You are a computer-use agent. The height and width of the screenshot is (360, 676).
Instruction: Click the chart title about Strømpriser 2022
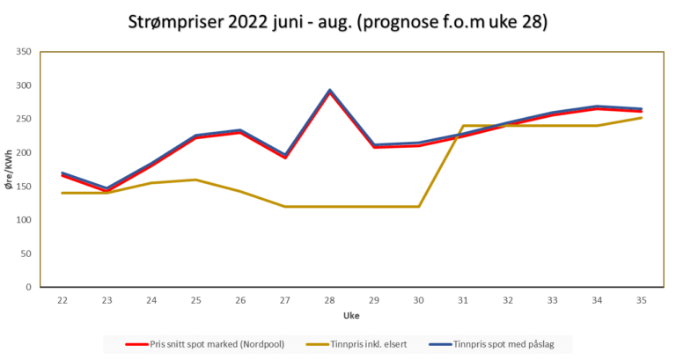pyautogui.click(x=337, y=21)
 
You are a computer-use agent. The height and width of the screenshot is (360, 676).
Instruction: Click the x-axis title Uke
pyautogui.click(x=351, y=314)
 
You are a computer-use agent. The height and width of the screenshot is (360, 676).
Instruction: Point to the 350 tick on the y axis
pyautogui.click(x=24, y=52)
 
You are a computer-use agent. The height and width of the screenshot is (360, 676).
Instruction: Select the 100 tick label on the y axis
pyautogui.click(x=24, y=220)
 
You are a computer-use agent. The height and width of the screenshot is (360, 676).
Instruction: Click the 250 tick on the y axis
pyautogui.click(x=24, y=119)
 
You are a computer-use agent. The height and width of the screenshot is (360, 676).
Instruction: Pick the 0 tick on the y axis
pyautogui.click(x=29, y=287)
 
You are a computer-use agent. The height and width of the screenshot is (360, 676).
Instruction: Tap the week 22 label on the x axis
pyautogui.click(x=62, y=299)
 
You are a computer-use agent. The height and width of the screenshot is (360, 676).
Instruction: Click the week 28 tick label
pyautogui.click(x=329, y=299)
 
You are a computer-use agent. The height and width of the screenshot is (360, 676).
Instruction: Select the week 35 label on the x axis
pyautogui.click(x=641, y=299)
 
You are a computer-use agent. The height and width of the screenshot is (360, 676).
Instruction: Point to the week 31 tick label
pyautogui.click(x=463, y=299)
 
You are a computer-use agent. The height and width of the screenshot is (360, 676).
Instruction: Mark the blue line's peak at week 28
pyautogui.click(x=329, y=90)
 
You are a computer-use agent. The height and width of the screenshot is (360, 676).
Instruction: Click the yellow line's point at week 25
pyautogui.click(x=196, y=180)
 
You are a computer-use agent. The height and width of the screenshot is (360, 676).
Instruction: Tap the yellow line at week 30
pyautogui.click(x=418, y=206)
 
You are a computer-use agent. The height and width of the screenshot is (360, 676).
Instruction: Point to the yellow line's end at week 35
pyautogui.click(x=641, y=118)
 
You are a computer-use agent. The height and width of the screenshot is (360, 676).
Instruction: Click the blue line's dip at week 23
pyautogui.click(x=107, y=188)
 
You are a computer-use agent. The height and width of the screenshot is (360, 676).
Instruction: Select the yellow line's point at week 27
pyautogui.click(x=285, y=206)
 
